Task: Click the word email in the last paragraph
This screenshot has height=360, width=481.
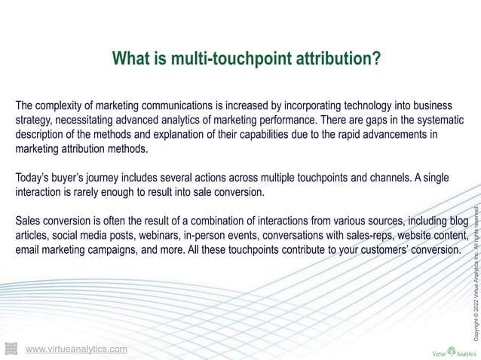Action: pyautogui.click(x=29, y=252)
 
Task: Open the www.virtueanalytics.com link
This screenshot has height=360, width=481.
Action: pyautogui.click(x=76, y=349)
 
